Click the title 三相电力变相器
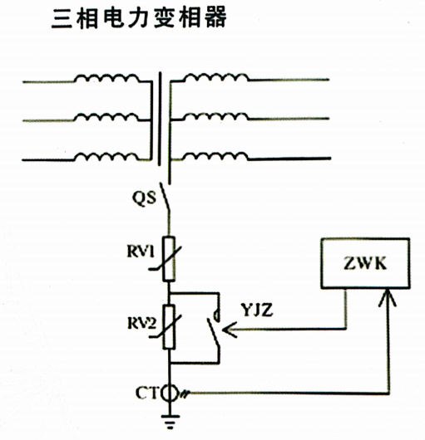[x=139, y=18]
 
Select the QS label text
[x=144, y=198]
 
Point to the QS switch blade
[x=166, y=197]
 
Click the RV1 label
[x=141, y=252]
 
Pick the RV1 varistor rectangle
[x=169, y=258]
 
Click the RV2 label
[x=141, y=323]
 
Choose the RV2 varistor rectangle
[x=169, y=326]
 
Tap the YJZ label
[x=257, y=310]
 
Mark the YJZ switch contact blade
[x=213, y=334]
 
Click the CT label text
[x=146, y=393]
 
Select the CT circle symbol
[x=170, y=394]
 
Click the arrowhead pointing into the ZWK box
[x=388, y=297]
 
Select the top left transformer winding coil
[x=106, y=78]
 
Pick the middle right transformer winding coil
[x=216, y=116]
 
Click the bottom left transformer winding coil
[x=106, y=157]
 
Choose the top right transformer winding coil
[x=216, y=77]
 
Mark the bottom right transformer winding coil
[x=216, y=156]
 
